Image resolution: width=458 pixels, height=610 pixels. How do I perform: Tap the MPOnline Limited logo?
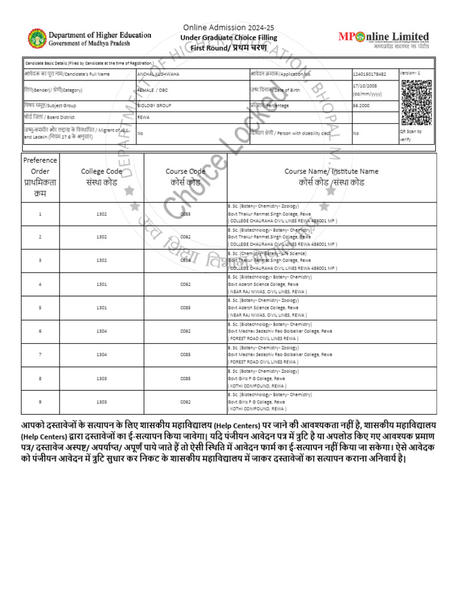[391, 39]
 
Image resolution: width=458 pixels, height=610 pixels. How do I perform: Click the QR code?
[416, 102]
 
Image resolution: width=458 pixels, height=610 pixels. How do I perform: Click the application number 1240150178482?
[369, 74]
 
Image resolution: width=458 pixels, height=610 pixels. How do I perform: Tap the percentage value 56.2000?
[362, 105]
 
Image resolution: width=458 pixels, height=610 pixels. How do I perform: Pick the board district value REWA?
[143, 117]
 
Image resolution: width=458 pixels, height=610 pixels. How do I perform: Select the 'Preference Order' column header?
[40, 178]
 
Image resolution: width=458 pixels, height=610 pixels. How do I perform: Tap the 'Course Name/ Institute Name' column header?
[331, 177]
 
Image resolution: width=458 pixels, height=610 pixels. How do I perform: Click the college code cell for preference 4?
[102, 284]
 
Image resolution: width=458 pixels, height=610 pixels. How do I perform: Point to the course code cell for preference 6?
[185, 331]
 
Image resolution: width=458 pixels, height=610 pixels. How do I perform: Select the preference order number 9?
[40, 402]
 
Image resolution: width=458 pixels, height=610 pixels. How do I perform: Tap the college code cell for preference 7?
[102, 354]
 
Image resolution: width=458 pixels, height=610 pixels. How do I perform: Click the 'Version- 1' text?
[410, 72]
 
